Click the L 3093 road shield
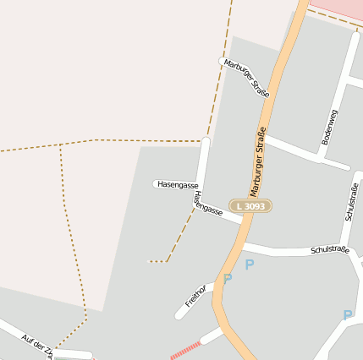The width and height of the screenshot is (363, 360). point(250,206)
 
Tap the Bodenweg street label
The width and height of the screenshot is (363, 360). point(330,128)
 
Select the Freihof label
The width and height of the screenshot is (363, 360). point(195,296)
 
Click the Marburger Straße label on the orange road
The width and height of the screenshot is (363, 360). point(258,161)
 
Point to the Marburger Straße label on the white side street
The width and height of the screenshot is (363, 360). point(246,78)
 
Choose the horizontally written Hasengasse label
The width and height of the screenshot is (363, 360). point(178,184)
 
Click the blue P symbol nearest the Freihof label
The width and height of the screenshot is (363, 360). point(227,279)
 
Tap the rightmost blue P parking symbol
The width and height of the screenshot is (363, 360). point(348,315)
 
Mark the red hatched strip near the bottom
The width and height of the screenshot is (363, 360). point(185,351)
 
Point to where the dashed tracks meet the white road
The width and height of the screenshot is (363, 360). point(205,140)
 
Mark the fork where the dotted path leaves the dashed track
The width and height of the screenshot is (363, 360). point(61,145)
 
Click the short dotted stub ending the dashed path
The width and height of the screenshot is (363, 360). point(157,262)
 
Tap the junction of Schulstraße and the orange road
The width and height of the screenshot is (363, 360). point(240,245)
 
